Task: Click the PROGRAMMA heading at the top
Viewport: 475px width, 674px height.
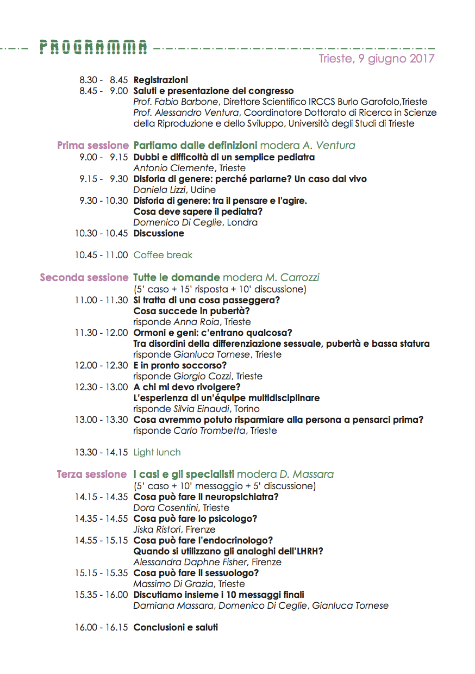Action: point(93,48)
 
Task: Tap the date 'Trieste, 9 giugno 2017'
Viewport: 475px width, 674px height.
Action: point(376,59)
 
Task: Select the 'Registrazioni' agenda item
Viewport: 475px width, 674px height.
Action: point(161,80)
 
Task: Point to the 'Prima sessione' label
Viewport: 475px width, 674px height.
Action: point(92,146)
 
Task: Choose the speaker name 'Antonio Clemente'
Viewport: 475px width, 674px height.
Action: point(174,168)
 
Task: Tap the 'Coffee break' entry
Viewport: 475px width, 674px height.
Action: point(163,255)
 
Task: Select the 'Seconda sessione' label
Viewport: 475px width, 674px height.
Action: point(84,278)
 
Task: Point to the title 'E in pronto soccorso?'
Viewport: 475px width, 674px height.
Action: point(180,365)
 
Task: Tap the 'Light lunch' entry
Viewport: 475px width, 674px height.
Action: point(157,452)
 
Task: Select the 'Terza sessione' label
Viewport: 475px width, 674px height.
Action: point(91,475)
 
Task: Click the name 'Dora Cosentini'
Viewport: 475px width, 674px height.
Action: point(166,508)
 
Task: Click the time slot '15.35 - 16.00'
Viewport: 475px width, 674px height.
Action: point(101,595)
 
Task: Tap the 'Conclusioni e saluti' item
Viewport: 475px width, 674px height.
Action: point(176,627)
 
